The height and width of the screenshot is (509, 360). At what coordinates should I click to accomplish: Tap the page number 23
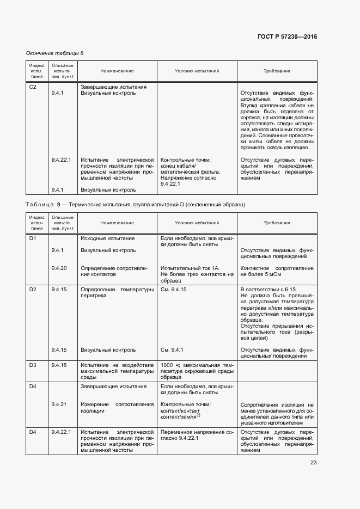click(314, 463)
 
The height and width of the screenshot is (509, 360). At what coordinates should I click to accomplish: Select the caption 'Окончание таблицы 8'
click(55, 53)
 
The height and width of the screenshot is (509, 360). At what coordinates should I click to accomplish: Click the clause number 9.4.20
click(59, 268)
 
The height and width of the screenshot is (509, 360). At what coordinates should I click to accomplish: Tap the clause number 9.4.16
click(59, 364)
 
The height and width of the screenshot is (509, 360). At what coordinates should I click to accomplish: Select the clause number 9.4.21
click(59, 404)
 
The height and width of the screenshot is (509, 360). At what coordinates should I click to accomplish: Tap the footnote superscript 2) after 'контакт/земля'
click(198, 415)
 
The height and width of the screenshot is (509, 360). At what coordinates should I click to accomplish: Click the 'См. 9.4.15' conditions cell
click(174, 289)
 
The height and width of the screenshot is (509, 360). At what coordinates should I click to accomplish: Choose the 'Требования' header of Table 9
click(277, 223)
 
